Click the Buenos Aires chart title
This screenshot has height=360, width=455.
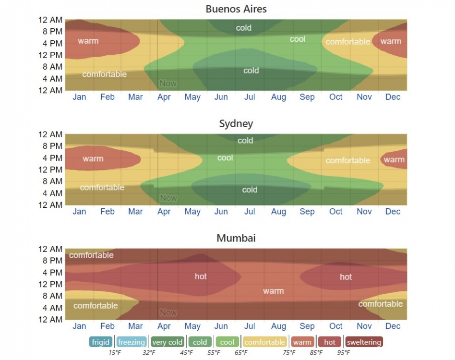tap(236, 9)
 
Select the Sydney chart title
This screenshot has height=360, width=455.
tap(236, 124)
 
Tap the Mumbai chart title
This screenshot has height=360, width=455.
tap(236, 238)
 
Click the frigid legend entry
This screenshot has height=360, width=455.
tap(100, 342)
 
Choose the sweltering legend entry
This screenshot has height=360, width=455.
tap(364, 342)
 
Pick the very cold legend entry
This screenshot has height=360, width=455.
tap(167, 342)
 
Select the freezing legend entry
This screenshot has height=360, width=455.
tap(132, 342)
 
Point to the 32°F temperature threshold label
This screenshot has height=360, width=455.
tap(149, 353)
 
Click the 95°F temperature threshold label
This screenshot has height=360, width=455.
tap(343, 353)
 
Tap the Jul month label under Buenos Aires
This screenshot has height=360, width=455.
tap(250, 97)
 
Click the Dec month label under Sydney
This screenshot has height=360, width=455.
tap(393, 212)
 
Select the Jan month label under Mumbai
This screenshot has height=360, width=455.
tap(79, 326)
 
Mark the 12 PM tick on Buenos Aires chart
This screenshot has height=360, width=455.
tap(50, 55)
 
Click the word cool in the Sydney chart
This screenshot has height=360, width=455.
tap(225, 158)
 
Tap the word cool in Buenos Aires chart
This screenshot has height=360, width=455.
tap(298, 39)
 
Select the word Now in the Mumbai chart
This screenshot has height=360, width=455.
tap(168, 313)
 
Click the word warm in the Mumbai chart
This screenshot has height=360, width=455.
tap(273, 291)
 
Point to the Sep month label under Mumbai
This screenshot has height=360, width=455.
tap(307, 326)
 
